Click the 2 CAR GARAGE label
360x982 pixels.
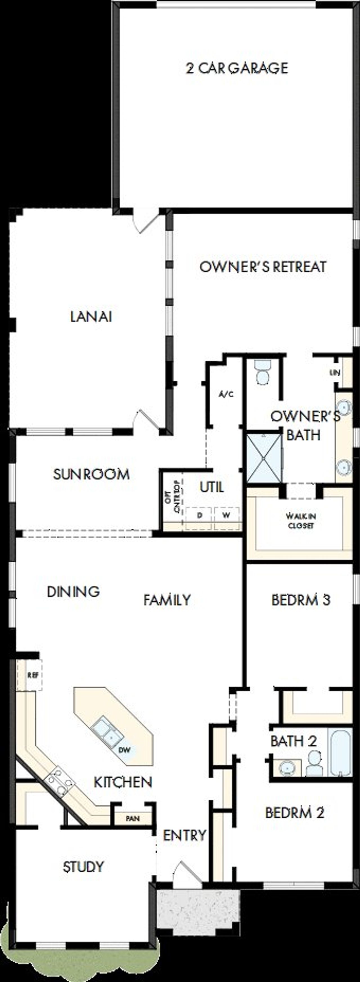point(237,68)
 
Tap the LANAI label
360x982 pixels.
point(91,317)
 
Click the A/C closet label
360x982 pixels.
point(226,394)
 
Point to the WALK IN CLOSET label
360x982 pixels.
point(301,521)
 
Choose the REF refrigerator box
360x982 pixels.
point(33,675)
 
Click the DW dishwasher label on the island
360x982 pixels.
point(124,750)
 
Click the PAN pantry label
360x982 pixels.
point(133,818)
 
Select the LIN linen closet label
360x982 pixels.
point(335,373)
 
